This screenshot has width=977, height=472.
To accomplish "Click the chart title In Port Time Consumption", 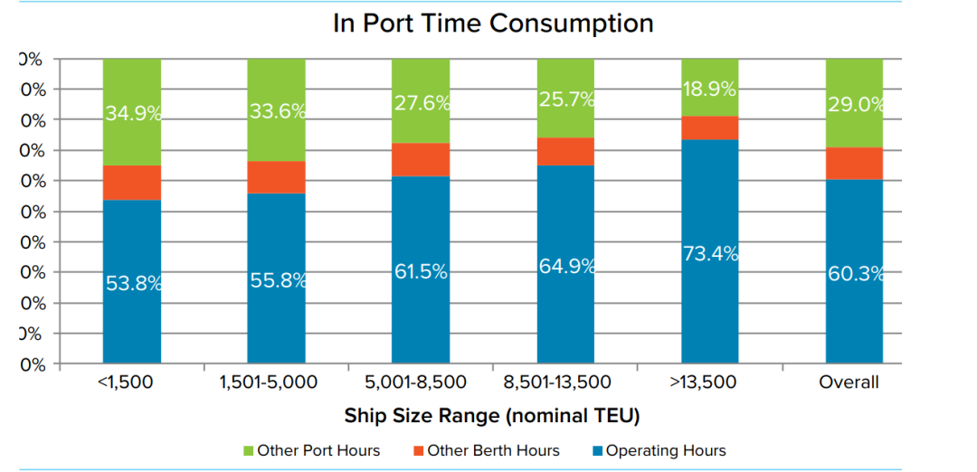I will [x=493, y=23].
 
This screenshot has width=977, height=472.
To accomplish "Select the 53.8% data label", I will [x=133, y=283].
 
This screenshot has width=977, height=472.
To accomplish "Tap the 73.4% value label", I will [x=710, y=254].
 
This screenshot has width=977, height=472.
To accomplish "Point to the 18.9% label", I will [x=710, y=89].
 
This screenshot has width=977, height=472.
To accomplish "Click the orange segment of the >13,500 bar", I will [x=710, y=127].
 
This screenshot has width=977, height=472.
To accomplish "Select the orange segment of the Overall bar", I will [x=854, y=163].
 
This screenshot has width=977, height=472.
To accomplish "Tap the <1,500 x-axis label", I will [x=125, y=382].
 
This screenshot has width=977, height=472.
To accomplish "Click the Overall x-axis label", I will [x=849, y=382].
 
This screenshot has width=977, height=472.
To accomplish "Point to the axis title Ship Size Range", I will [x=492, y=416].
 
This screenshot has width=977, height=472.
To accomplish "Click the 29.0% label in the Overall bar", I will [x=855, y=104].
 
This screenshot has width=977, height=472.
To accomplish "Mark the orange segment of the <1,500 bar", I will [x=132, y=183].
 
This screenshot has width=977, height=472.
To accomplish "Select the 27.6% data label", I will [x=422, y=102].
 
